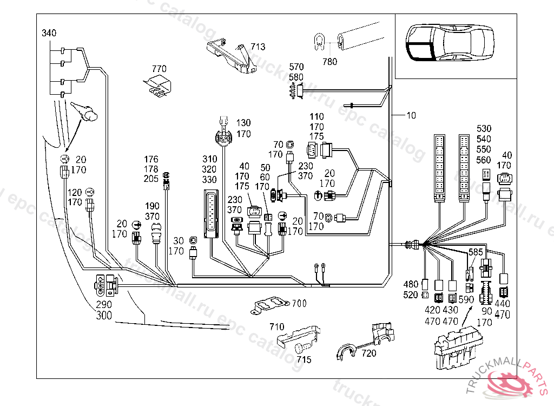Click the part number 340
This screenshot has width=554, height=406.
[49, 33]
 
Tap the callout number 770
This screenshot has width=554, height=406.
[159, 69]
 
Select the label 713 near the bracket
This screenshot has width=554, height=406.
[258, 47]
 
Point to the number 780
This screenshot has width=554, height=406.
[329, 62]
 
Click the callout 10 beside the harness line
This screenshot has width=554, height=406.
[412, 115]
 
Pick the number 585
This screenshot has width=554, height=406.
[476, 252]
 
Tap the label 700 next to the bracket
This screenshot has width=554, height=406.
[299, 303]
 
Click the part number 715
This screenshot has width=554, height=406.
[304, 359]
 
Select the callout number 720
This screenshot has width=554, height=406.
[369, 353]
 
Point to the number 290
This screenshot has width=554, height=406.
[104, 304]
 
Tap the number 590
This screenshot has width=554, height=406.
[466, 299]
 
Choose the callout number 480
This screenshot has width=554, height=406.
[411, 285]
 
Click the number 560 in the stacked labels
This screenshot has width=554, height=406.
[484, 160]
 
